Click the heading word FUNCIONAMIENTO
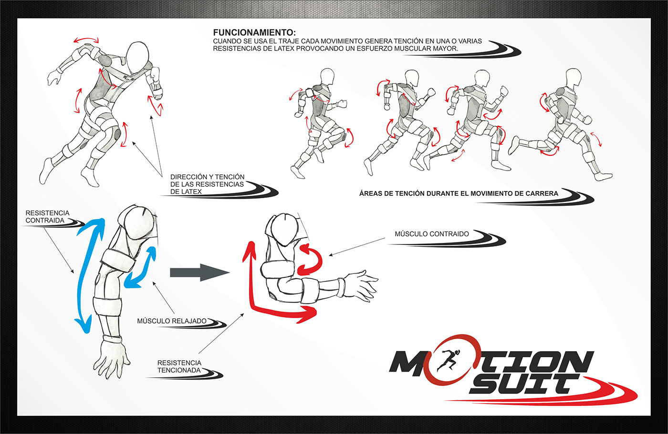click(254, 32)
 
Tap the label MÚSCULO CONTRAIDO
click(431, 234)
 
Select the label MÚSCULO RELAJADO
click(171, 321)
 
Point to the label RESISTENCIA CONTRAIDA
click(47, 217)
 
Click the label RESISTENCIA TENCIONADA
click(179, 366)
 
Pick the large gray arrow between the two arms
click(199, 273)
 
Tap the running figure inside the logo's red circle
click(448, 361)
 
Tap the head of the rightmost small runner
click(573, 78)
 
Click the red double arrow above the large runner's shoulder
click(86, 40)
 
